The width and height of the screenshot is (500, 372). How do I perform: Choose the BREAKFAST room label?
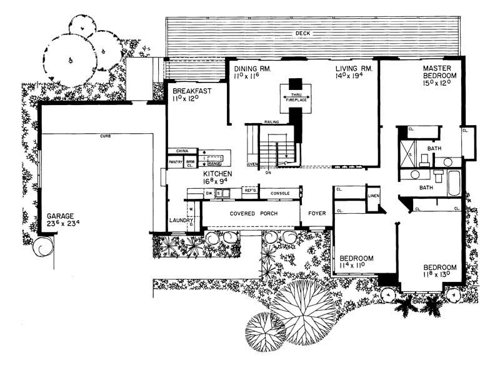click(192, 91)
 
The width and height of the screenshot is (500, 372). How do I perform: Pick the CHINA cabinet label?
click(182, 151)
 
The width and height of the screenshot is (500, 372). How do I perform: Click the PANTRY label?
click(176, 163)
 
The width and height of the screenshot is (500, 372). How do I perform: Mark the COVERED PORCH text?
click(253, 214)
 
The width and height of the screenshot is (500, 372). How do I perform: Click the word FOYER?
click(317, 213)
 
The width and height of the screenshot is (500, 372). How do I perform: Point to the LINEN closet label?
click(374, 196)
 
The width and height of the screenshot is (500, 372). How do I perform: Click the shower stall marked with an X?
click(409, 151)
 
